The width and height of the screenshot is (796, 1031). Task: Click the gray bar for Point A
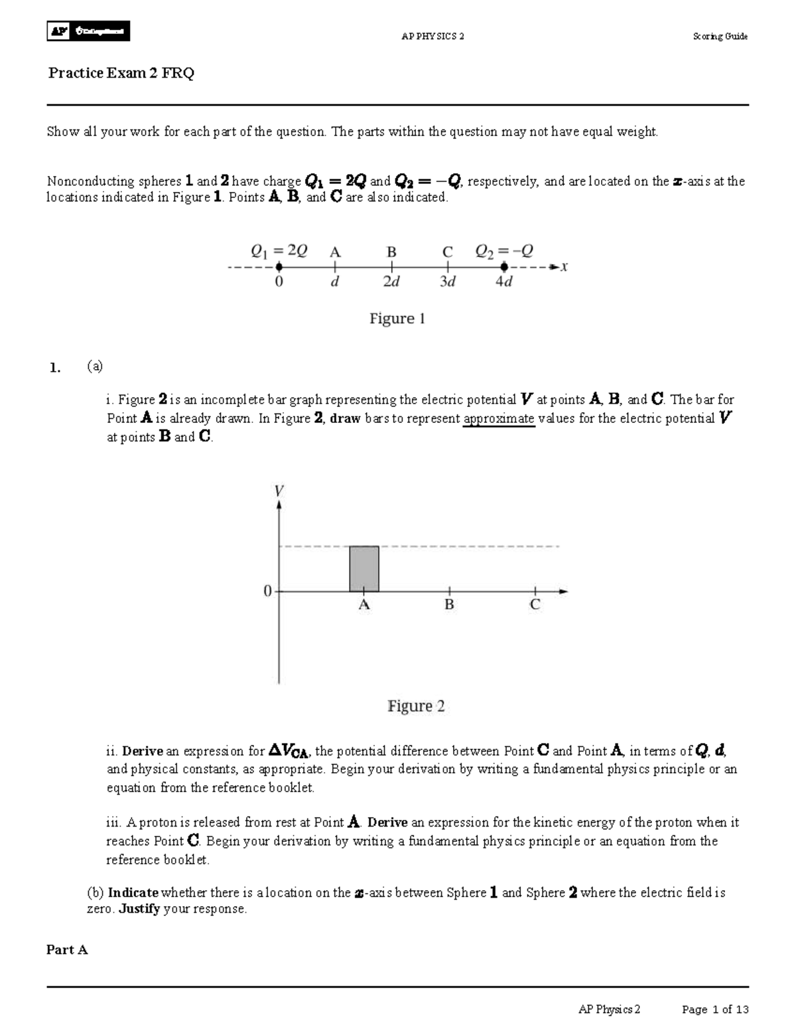[364, 569]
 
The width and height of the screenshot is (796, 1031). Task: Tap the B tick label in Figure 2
[449, 605]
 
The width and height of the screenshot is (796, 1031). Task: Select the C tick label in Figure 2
[535, 605]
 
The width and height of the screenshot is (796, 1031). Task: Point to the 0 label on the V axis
[267, 591]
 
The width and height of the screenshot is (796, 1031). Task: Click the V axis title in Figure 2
[279, 491]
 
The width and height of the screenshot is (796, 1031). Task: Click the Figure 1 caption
[397, 319]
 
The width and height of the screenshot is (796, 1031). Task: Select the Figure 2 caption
[416, 706]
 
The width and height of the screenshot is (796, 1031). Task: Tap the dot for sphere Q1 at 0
[279, 267]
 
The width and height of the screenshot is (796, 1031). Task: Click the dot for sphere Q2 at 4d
[504, 267]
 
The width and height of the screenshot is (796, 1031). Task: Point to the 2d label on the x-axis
[391, 282]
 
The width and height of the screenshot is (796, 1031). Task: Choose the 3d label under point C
[448, 282]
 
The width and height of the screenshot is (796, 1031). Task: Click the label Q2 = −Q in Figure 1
[504, 251]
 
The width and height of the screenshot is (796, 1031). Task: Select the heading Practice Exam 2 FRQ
[121, 73]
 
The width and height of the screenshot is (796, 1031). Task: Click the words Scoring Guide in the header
[720, 37]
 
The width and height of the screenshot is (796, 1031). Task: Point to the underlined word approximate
[499, 419]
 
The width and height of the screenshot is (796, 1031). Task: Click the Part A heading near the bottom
[67, 950]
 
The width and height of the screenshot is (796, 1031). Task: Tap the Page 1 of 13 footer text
[715, 1010]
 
